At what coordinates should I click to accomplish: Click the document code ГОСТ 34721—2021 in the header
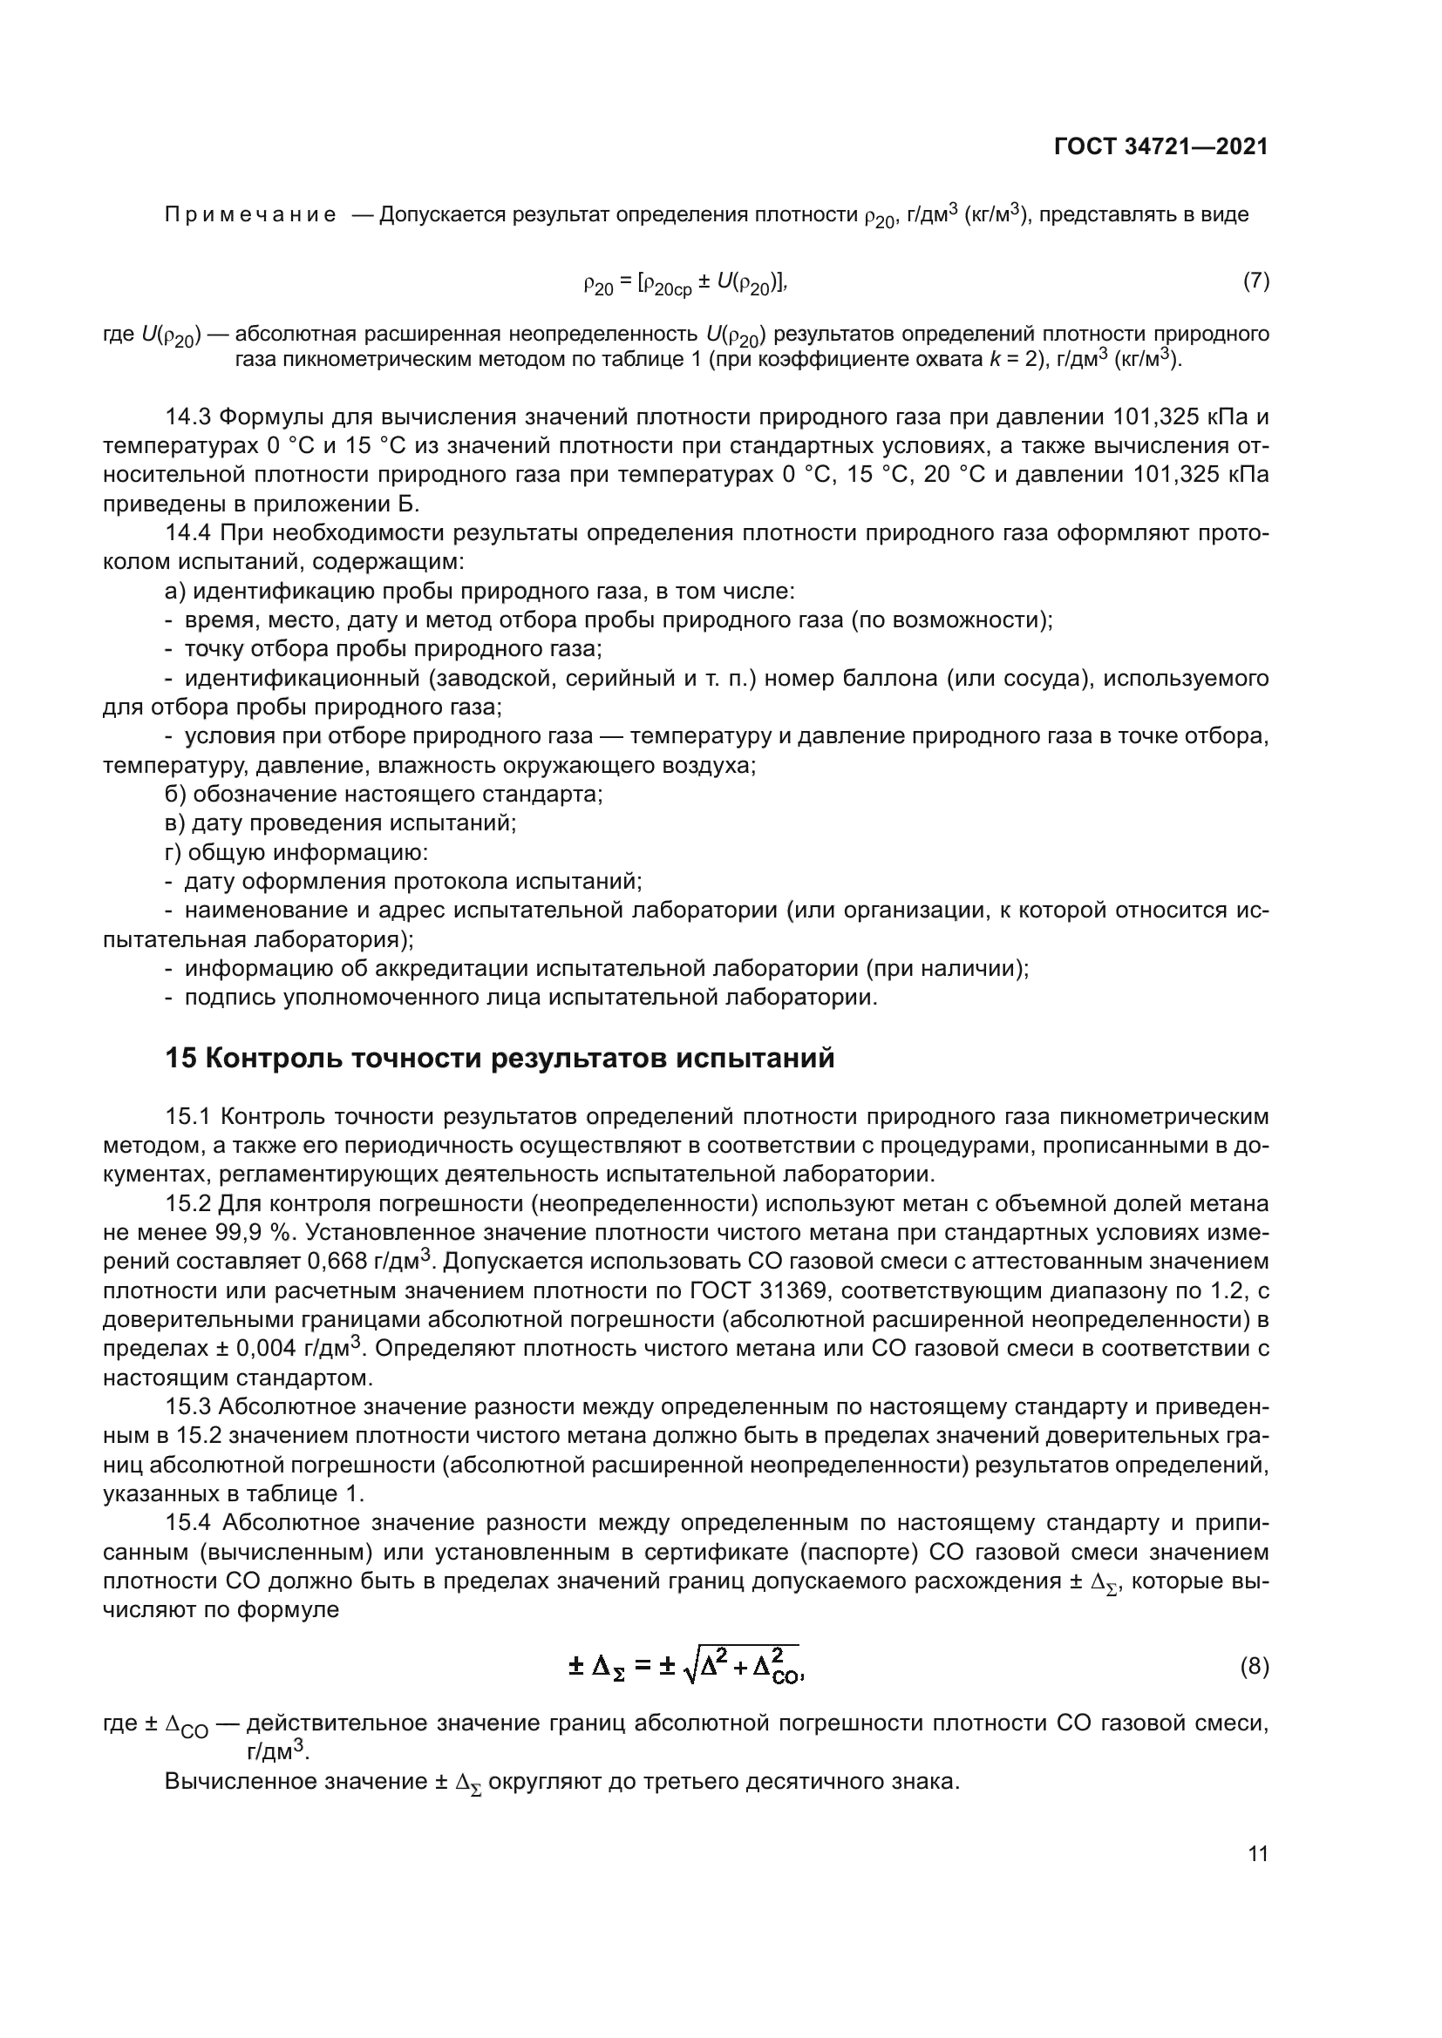coord(1160,146)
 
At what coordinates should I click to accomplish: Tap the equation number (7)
coord(1255,281)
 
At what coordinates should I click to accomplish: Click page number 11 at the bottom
coord(1257,1854)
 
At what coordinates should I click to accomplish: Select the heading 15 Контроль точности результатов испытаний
coord(500,1059)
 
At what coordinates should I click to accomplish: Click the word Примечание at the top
coord(250,215)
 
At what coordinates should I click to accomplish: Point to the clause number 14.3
coord(187,417)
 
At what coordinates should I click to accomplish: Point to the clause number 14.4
coord(187,533)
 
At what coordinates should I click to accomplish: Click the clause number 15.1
coord(187,1117)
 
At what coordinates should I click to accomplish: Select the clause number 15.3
coord(187,1407)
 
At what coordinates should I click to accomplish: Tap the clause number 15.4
coord(187,1523)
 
